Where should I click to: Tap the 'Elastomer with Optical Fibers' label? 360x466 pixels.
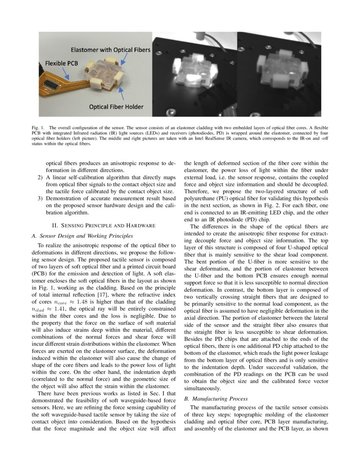pyautogui.click(x=110, y=50)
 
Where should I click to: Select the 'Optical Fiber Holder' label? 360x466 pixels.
pyautogui.click(x=116, y=107)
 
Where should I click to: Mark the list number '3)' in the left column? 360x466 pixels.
pyautogui.click(x=39, y=198)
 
